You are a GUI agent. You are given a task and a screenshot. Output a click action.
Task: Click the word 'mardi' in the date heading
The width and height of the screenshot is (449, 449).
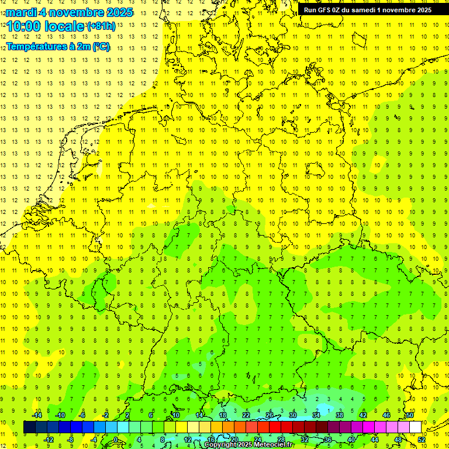tap(20, 12)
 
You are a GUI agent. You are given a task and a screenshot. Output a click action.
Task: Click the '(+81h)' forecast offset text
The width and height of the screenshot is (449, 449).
tap(101, 26)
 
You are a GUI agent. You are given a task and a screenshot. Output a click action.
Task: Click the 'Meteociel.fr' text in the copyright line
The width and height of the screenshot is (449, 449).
tap(274, 445)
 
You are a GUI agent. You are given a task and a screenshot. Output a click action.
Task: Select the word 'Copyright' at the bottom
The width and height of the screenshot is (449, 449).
tap(220, 445)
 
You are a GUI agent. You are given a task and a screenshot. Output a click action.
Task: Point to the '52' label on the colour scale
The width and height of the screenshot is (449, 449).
tap(422, 440)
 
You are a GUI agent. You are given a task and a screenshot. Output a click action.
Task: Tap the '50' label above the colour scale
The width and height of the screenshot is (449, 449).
tap(410, 415)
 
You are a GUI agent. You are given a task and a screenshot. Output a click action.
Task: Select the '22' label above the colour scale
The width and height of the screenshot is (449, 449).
tap(246, 415)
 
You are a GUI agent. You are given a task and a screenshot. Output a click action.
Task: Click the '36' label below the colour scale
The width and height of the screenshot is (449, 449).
tap(328, 440)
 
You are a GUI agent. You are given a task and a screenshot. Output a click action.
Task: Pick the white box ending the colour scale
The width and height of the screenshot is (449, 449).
tap(416, 427)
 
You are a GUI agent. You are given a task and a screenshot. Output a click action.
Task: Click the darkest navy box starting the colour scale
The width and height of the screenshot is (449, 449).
tap(29, 427)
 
